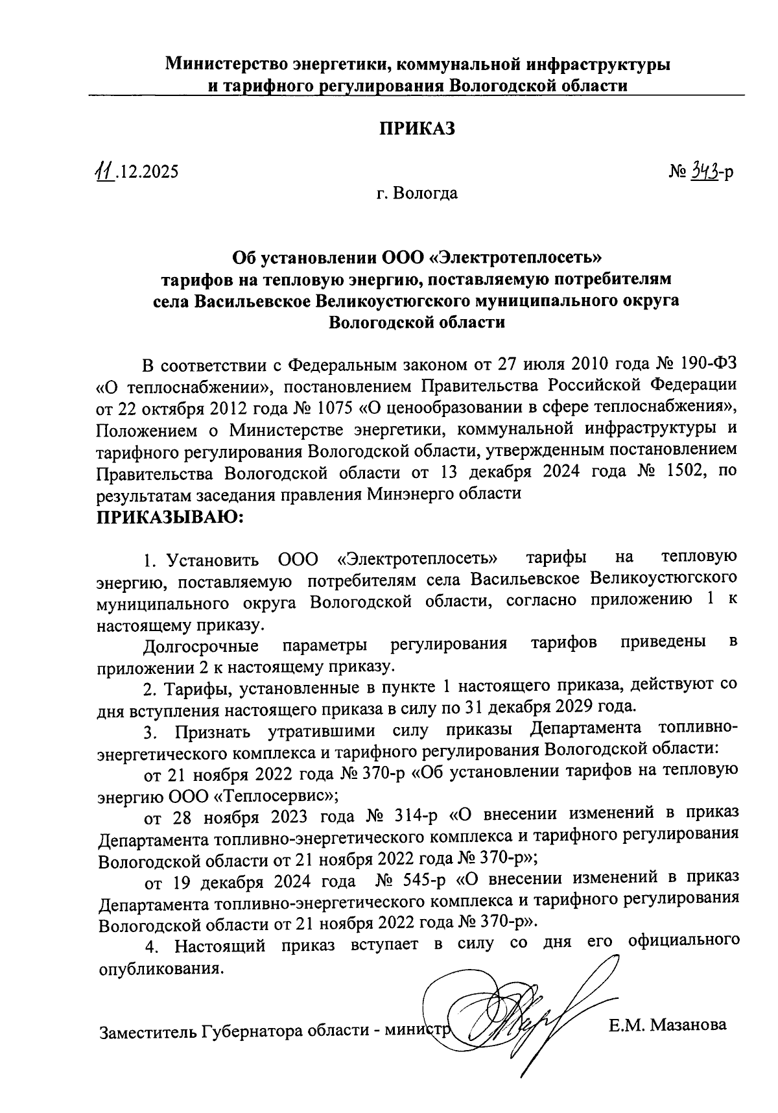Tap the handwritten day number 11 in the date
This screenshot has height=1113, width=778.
point(103,171)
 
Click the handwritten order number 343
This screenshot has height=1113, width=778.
point(704,171)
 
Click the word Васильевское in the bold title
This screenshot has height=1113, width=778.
point(253,301)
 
